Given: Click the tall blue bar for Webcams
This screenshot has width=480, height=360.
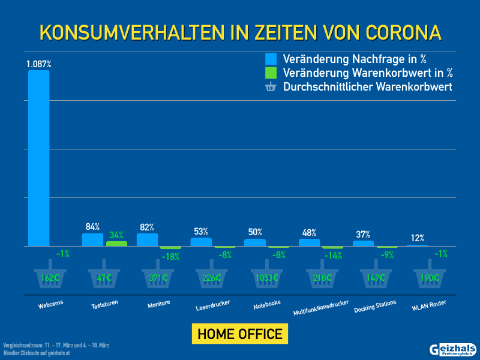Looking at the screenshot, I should point(39,158).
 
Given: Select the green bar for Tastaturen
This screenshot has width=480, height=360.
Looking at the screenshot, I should point(116,244).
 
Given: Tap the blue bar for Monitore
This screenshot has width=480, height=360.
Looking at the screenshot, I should point(147,239).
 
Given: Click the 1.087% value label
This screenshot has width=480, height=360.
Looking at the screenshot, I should point(38,63).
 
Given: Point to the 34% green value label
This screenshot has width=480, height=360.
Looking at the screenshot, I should point(116,235).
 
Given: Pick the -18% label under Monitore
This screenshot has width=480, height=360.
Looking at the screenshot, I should point(170,256).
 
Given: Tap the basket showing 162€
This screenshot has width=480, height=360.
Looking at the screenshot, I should point(50,276).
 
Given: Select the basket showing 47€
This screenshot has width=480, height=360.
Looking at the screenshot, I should point(104,276).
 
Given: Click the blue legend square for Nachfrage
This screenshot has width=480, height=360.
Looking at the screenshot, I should point(271,59).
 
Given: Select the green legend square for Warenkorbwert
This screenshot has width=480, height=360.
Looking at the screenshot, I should point(271,73).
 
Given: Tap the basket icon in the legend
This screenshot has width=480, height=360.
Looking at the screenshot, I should point(271,87).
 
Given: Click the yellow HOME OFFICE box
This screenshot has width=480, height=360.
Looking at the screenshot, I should point(240,334).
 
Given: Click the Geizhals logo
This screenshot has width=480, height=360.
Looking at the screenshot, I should point(453,350).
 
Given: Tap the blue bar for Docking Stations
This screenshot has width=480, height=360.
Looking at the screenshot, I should point(363,243).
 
